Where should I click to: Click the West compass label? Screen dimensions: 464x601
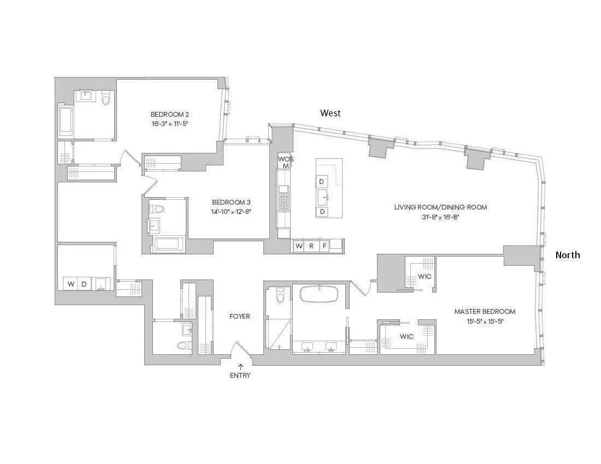pyautogui.click(x=330, y=113)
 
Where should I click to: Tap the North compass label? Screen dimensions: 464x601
pyautogui.click(x=568, y=255)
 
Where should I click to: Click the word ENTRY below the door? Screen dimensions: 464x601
pyautogui.click(x=240, y=375)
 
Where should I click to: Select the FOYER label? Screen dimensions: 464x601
pyautogui.click(x=239, y=316)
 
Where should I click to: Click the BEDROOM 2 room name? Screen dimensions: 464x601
pyautogui.click(x=169, y=115)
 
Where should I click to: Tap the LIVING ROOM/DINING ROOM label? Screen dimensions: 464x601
pyautogui.click(x=440, y=207)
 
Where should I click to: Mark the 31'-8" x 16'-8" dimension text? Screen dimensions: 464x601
pyautogui.click(x=440, y=217)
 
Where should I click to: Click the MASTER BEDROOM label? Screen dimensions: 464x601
pyautogui.click(x=485, y=312)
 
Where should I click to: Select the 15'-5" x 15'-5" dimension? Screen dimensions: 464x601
pyautogui.click(x=485, y=322)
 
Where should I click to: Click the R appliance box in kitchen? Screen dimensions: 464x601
pyautogui.click(x=311, y=246)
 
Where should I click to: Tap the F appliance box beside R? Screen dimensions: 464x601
pyautogui.click(x=324, y=246)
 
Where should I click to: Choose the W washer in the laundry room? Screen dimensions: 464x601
pyautogui.click(x=70, y=284)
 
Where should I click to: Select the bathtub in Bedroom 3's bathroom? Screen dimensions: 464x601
pyautogui.click(x=170, y=244)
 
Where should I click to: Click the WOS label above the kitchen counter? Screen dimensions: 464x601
pyautogui.click(x=285, y=159)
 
